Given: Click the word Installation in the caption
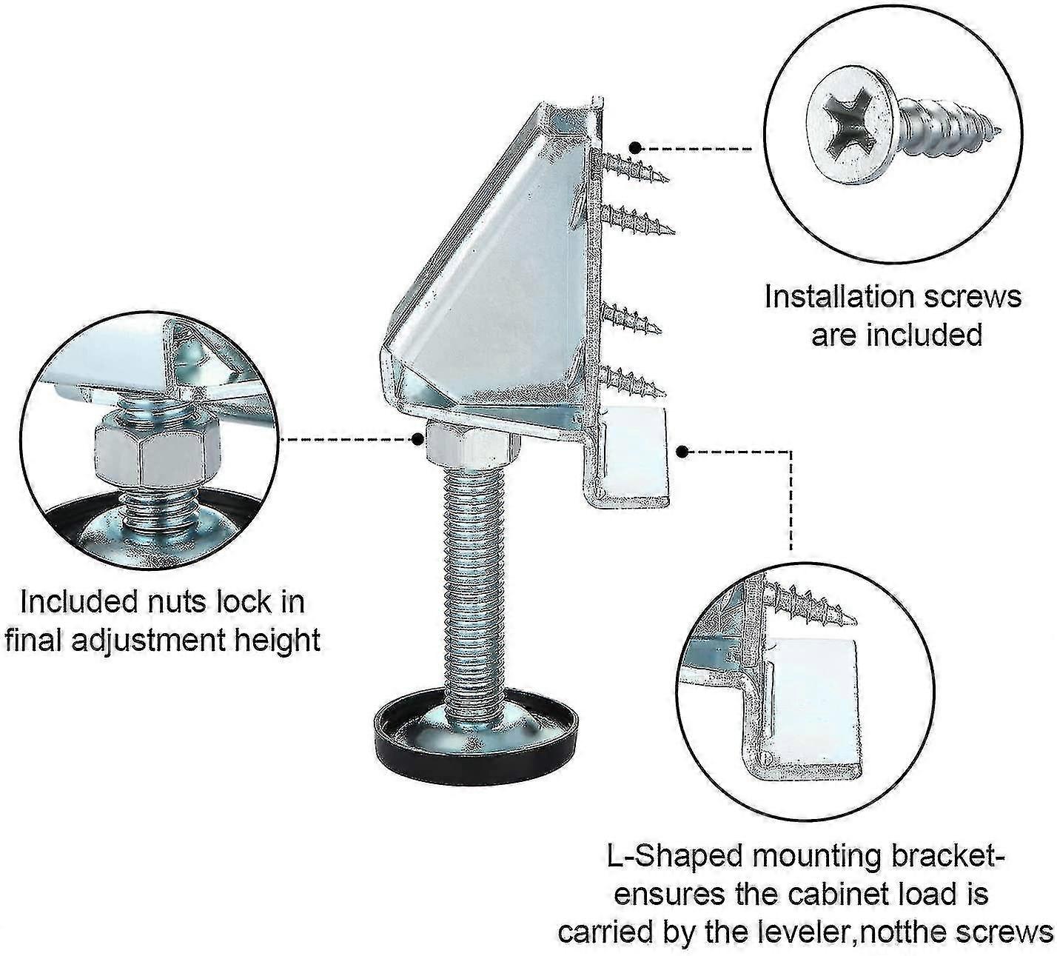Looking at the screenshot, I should coord(834,298).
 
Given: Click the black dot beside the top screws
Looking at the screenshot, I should coord(634,147).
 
